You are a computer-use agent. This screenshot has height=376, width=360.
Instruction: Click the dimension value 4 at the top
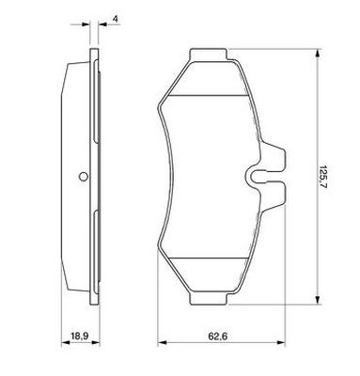click(x=116, y=19)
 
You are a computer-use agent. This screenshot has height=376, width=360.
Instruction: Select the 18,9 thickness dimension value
click(x=80, y=337)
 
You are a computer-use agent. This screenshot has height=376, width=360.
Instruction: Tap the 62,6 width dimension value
click(x=218, y=337)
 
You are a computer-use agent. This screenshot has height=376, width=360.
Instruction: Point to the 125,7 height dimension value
click(x=325, y=178)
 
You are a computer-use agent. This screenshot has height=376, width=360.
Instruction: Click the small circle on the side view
click(x=84, y=177)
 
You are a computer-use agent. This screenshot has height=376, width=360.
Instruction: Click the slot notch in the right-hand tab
click(x=258, y=177)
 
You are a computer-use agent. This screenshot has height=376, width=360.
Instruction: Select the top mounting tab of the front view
click(x=208, y=55)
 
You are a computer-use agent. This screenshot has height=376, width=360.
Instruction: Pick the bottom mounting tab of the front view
click(x=208, y=299)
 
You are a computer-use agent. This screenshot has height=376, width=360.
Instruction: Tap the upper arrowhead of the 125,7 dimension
click(x=318, y=54)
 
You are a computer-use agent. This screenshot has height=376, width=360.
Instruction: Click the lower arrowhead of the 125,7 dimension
click(x=318, y=300)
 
